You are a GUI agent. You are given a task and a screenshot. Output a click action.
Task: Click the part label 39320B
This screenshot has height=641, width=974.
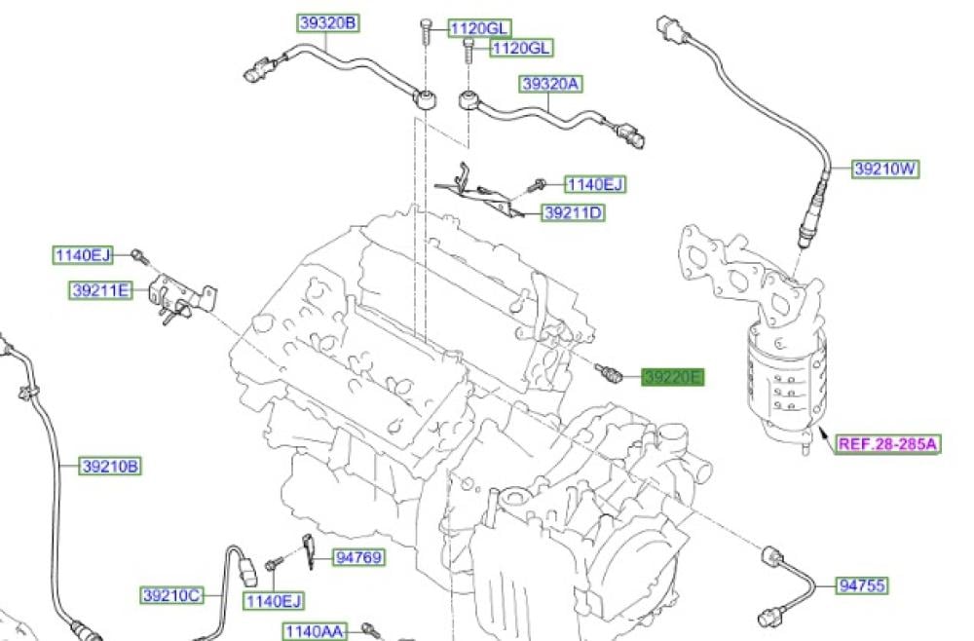327,22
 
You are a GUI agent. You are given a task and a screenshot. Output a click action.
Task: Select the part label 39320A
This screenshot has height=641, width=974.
551,84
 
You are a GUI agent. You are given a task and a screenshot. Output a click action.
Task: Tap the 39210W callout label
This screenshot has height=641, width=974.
885,169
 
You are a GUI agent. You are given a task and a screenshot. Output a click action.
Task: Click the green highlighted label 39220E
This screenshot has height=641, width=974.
671,377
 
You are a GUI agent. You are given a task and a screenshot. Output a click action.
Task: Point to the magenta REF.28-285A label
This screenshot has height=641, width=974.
886,444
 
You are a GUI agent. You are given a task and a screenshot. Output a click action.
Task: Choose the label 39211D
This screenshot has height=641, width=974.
573,211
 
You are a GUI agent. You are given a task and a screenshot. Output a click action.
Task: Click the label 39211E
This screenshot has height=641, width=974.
101,289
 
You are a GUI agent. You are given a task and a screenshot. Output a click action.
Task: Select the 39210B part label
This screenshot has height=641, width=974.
110,467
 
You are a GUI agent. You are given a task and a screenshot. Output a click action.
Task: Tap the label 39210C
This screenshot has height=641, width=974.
171,593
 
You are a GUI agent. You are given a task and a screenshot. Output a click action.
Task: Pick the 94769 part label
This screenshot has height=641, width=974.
358,558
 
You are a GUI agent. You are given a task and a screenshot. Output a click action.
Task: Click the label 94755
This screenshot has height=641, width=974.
863,585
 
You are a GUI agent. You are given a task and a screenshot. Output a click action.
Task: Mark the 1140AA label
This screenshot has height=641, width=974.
315,631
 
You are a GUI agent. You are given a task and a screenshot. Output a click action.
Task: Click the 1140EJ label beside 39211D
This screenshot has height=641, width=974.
595,183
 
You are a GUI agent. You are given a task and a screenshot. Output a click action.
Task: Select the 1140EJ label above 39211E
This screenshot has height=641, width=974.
83,255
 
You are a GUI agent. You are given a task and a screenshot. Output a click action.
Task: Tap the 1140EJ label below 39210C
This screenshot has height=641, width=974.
274,600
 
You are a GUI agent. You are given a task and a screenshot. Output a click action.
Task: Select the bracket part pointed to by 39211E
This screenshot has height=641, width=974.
175,298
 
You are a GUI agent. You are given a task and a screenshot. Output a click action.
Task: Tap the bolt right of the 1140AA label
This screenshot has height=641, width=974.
371,629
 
